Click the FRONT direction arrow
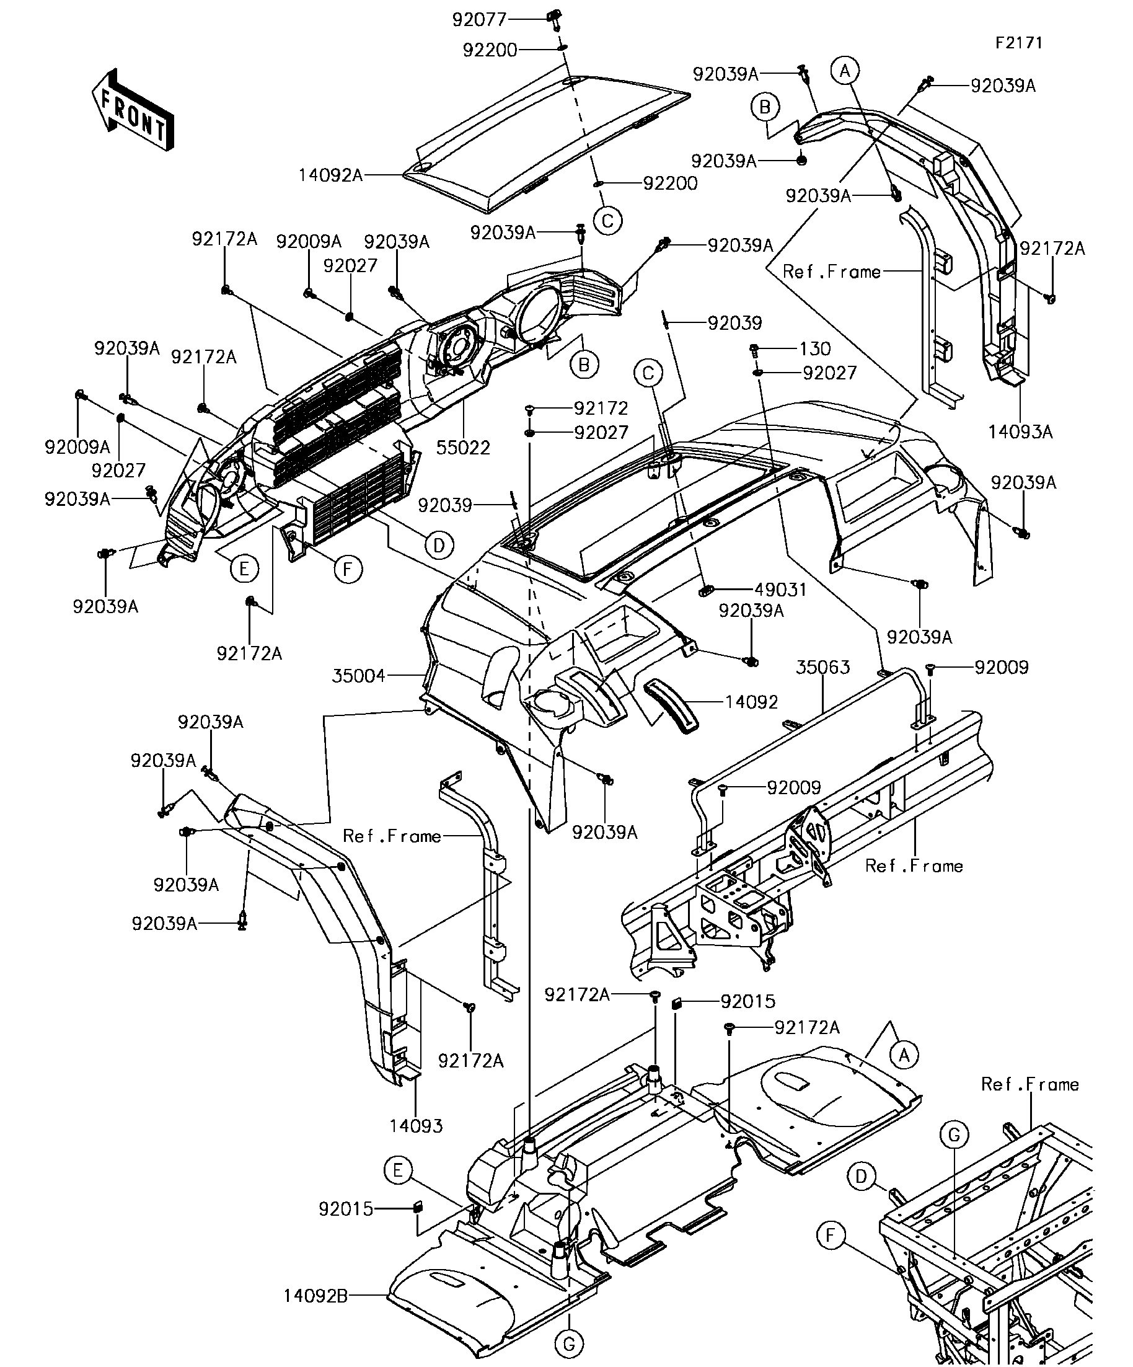[x=133, y=110]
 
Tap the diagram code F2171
[x=1018, y=43]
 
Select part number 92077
[x=479, y=20]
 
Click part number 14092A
[x=330, y=175]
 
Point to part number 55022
[x=463, y=448]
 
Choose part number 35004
[x=359, y=676]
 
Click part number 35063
[x=823, y=667]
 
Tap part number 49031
[x=780, y=590]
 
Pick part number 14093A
[x=1020, y=431]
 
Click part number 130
[x=815, y=349]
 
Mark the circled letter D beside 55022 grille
[x=439, y=546]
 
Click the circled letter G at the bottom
[x=569, y=1343]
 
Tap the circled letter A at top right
[x=845, y=70]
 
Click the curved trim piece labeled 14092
[x=670, y=706]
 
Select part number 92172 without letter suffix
[x=601, y=408]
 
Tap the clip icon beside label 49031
[x=707, y=591]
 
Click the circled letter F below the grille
[x=348, y=570]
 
